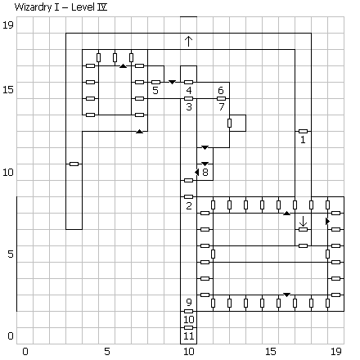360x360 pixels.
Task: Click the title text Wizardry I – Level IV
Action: coord(61,7)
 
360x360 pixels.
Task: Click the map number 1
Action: coord(303,140)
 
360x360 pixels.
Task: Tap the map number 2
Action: coord(189,205)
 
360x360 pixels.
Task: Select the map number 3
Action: coord(189,106)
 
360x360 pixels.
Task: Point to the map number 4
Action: coord(189,90)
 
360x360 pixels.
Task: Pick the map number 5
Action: coord(155,90)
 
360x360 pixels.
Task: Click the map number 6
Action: coord(221,90)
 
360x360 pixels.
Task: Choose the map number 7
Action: coord(222,106)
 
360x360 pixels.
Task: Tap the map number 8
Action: coord(205,172)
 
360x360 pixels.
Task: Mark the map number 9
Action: coord(189,302)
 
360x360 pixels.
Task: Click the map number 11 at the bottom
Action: coord(189,336)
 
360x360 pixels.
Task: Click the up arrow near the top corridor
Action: coord(188,42)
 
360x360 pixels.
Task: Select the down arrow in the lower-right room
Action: coord(303,221)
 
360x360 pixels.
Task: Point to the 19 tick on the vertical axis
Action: coord(8,25)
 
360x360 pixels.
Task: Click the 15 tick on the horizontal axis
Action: coord(271,352)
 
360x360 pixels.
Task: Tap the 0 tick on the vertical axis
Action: coord(11,335)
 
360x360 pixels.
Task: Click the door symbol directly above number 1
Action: coord(303,131)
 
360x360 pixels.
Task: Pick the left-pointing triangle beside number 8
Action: coord(197,172)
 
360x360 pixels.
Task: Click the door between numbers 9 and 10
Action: coord(188,311)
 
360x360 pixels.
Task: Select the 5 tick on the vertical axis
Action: coord(11,254)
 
